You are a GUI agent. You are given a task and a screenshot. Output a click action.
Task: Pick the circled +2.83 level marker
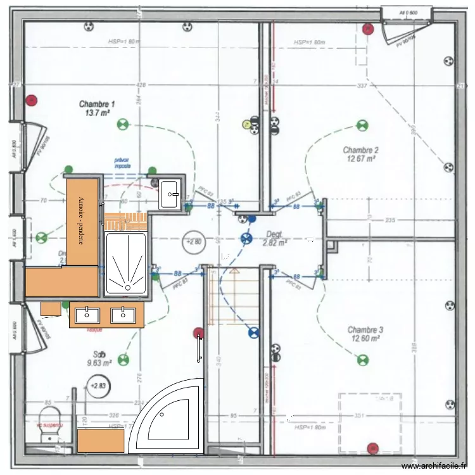[x=98, y=385]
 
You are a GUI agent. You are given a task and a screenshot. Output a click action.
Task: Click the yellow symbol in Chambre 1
[x=246, y=125]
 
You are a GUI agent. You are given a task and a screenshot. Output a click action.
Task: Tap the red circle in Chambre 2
[x=367, y=28]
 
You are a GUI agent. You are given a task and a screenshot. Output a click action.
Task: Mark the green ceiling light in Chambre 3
[x=362, y=360]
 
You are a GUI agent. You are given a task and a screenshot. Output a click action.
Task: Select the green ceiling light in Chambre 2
[x=362, y=125]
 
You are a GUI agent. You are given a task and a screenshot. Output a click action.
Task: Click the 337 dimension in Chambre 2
[x=362, y=85]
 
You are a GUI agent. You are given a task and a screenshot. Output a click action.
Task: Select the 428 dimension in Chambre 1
[x=140, y=85]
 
